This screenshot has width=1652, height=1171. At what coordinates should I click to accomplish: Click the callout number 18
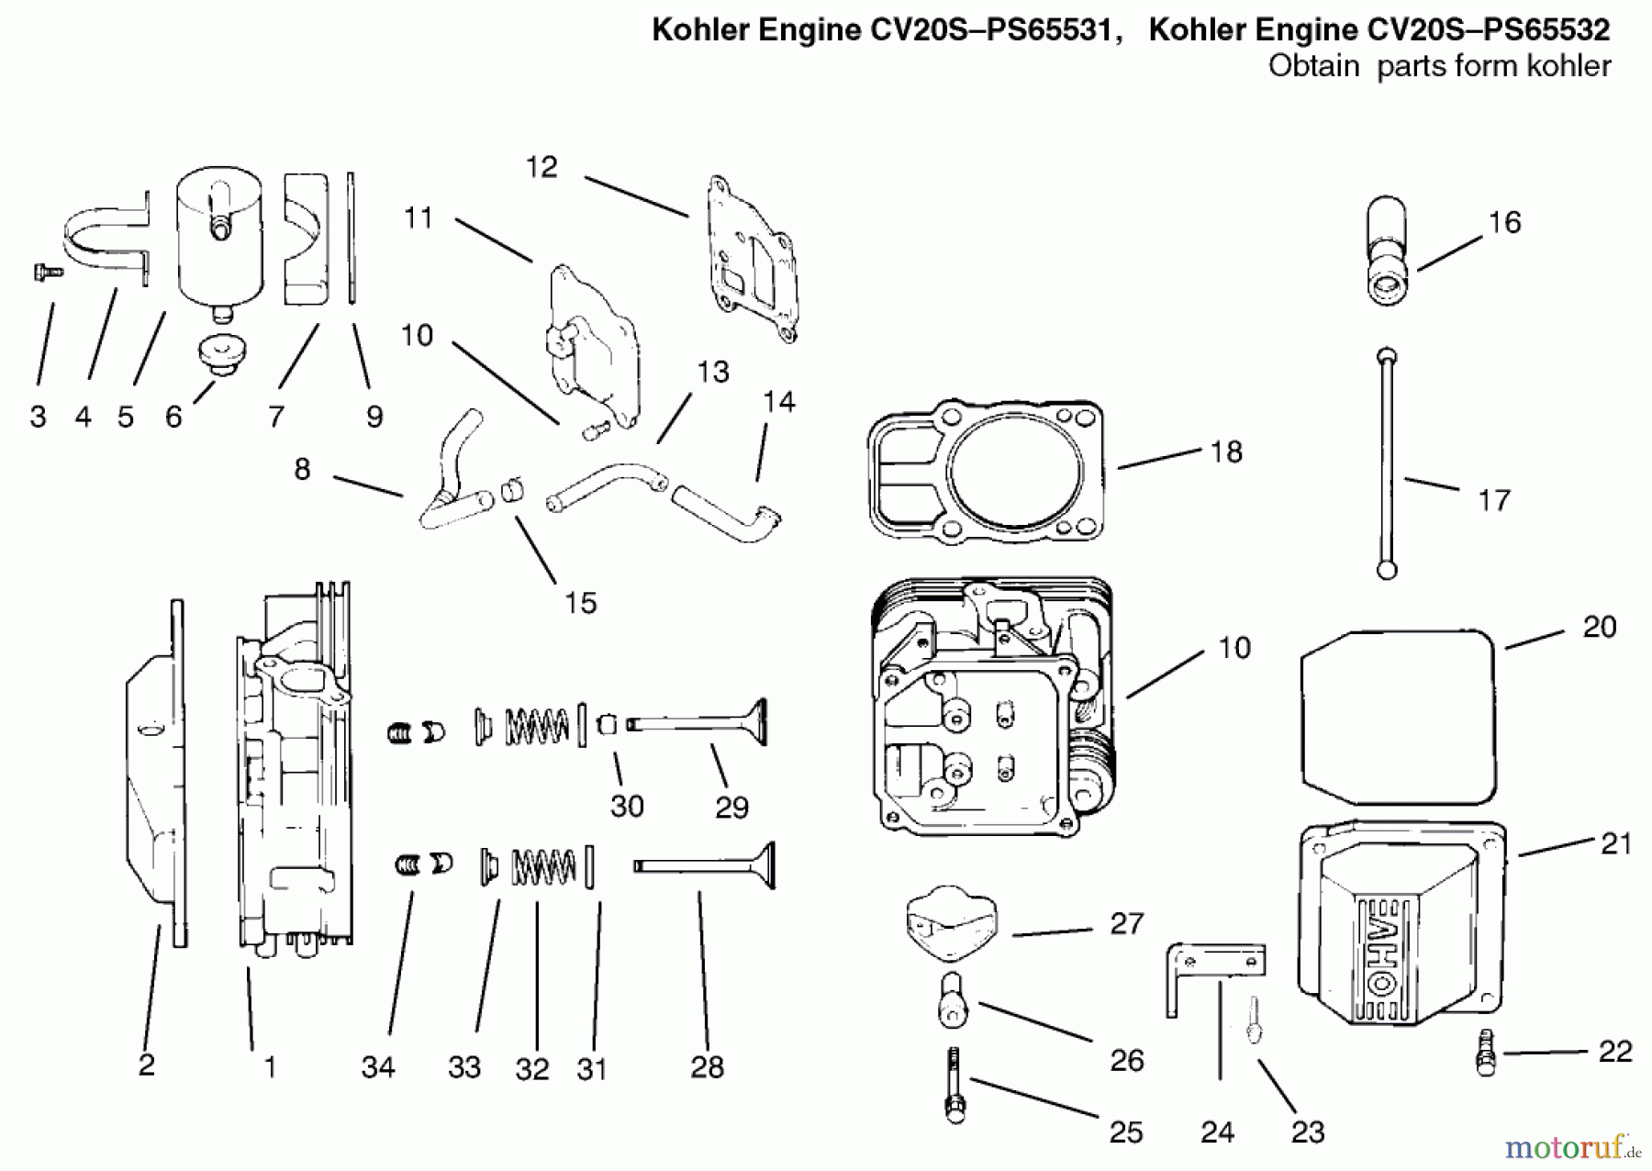pos(1226,452)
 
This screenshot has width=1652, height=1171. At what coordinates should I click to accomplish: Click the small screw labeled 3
pos(47,271)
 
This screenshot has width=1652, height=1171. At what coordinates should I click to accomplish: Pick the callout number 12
pos(541,167)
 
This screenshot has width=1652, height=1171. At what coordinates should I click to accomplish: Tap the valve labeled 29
pos(698,722)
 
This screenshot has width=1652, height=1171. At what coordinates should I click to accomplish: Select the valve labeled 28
pos(705,865)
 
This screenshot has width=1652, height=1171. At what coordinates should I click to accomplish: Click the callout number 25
pos(1125,1132)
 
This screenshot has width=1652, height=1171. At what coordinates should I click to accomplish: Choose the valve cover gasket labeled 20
pos(1400,717)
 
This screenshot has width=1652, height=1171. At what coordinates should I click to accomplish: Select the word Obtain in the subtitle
pos(1313,66)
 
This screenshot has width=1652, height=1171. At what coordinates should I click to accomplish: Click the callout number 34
pos(378,1066)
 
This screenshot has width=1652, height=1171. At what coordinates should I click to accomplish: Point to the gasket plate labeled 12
pos(751,259)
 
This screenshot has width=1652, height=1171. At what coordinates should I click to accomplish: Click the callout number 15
pos(581,603)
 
